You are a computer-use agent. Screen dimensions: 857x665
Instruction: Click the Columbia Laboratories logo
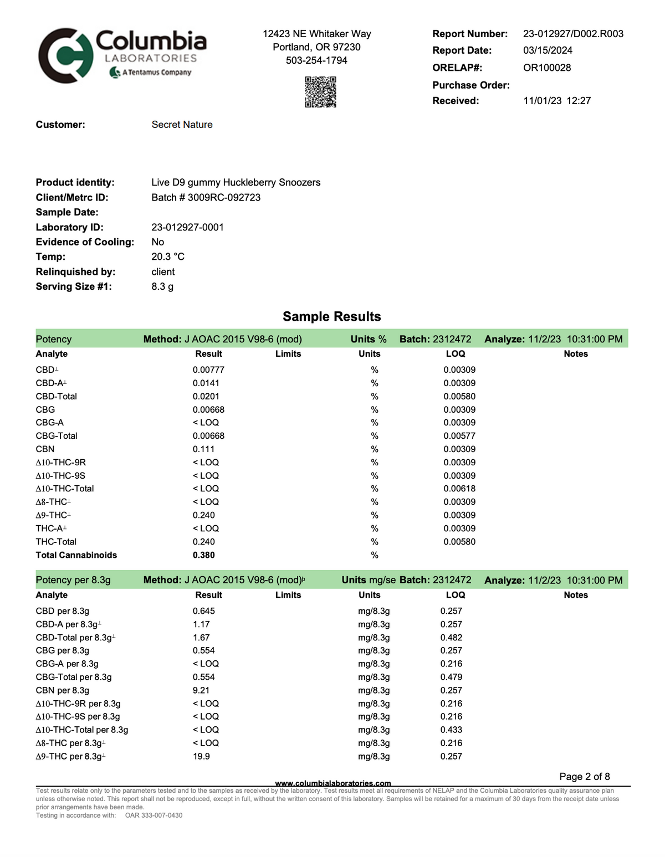point(122,55)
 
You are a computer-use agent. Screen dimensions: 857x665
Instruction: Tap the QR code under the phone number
point(320,92)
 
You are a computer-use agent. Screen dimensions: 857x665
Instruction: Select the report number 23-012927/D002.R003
point(573,34)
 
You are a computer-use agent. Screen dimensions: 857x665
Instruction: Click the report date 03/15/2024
point(548,50)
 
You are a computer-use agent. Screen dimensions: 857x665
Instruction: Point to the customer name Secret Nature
point(182,125)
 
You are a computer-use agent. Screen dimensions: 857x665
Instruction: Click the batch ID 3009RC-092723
point(224,198)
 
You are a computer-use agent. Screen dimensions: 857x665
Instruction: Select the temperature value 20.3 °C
point(168,257)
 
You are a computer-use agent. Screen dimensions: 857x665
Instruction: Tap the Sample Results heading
point(331,317)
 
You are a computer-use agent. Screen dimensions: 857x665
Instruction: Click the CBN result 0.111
point(203,449)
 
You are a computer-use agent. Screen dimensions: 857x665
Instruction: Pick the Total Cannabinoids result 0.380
point(203,555)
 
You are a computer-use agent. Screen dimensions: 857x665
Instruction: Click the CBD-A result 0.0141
point(206,383)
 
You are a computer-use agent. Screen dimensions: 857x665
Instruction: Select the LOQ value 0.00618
point(459,489)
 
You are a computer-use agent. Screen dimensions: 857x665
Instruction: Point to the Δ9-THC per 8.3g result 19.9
point(201,757)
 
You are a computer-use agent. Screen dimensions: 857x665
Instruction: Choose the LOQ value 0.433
point(451,730)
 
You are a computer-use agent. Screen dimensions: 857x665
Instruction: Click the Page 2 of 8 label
point(584,777)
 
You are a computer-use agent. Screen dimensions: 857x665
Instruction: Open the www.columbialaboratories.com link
point(332,783)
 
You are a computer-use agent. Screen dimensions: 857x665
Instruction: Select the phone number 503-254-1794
point(316,60)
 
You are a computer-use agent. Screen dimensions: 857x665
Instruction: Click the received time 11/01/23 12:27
point(556,101)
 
